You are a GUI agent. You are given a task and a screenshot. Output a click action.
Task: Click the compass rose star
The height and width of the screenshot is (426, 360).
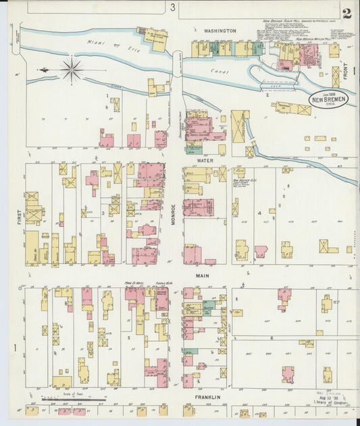[x=72, y=69]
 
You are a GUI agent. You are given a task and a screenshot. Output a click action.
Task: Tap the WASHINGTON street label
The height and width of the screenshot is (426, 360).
[x=220, y=31]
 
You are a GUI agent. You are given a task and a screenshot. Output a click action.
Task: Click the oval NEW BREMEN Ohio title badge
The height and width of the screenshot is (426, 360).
[x=330, y=100]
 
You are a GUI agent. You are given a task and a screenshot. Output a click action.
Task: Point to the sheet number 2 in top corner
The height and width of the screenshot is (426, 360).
[x=346, y=13]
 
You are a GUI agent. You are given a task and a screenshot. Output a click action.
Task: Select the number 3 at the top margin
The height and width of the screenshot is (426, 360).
[x=173, y=7]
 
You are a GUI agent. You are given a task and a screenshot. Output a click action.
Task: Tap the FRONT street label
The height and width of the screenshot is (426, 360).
[x=345, y=72]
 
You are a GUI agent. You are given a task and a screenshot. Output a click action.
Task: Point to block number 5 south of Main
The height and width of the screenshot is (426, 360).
[x=129, y=336]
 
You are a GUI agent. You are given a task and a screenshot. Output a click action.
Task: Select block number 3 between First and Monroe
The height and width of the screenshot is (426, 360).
[x=103, y=213]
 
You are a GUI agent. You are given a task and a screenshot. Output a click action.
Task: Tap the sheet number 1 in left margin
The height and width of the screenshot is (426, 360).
[x=15, y=348]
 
